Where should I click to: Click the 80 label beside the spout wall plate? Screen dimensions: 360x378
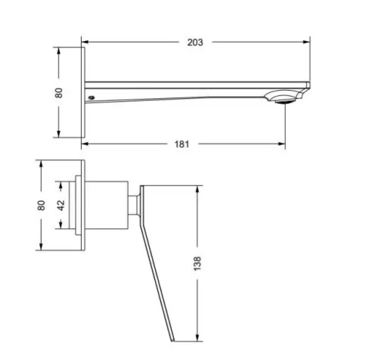pos(59,92)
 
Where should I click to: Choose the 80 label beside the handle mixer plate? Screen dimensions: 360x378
pos(42,204)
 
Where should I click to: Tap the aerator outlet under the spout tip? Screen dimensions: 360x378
pos(283,98)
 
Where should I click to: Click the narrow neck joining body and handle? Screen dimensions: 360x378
pos(134,204)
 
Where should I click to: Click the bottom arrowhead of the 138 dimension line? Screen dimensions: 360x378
pos(198,338)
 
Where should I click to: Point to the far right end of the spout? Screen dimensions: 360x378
pos(309,84)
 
